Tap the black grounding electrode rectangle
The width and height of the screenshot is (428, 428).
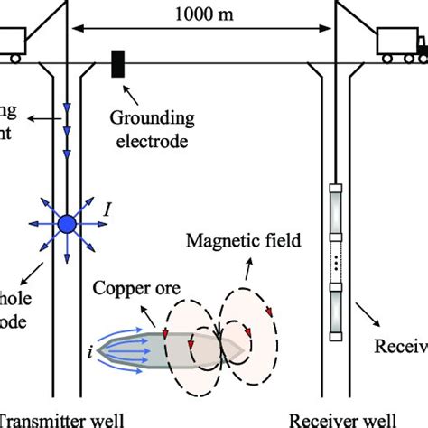117,65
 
